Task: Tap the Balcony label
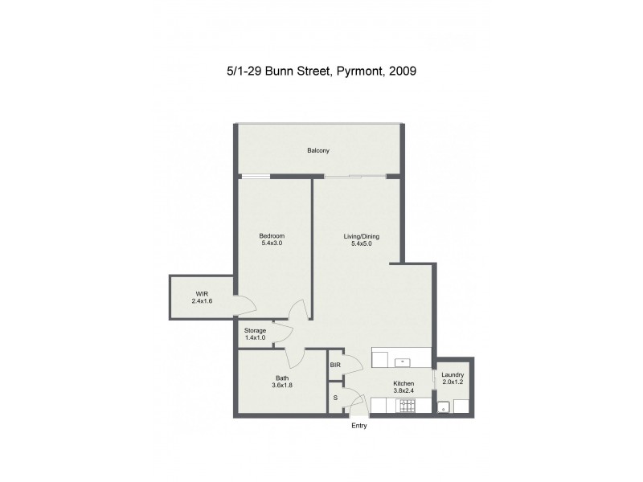(318, 151)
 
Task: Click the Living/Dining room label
(361, 236)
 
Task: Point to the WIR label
(201, 294)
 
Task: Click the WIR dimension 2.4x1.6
(201, 301)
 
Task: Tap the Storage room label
(255, 330)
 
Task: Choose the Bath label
(281, 378)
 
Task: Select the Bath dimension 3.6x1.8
(281, 386)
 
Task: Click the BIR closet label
(335, 366)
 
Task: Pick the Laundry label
(453, 375)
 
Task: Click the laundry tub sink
(443, 408)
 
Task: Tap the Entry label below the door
(359, 426)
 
